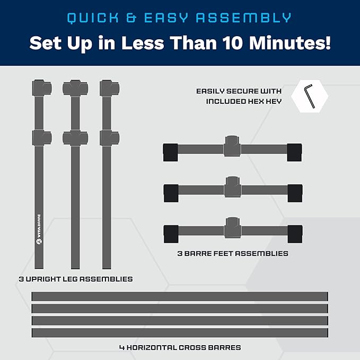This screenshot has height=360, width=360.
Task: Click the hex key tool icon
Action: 309,96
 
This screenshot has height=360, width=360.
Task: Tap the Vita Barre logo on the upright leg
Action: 39,229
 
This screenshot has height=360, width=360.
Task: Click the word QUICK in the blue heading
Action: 93,18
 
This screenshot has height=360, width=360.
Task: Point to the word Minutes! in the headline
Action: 290,43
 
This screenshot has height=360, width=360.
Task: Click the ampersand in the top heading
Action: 131,18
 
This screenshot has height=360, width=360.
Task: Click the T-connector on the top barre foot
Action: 232,146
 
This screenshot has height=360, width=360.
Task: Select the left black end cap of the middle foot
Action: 171,193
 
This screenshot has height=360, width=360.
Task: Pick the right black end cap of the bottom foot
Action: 295,234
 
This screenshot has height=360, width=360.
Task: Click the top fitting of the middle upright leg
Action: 75,88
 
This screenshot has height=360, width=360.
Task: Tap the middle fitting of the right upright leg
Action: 110,138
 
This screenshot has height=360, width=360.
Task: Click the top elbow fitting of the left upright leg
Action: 42,88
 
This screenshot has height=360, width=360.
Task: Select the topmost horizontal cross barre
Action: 180,296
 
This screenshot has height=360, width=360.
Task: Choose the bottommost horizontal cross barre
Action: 180,332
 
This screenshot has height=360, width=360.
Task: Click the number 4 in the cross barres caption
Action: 122,348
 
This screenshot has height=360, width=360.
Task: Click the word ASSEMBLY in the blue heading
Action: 243,18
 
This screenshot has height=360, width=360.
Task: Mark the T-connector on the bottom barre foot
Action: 233,228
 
